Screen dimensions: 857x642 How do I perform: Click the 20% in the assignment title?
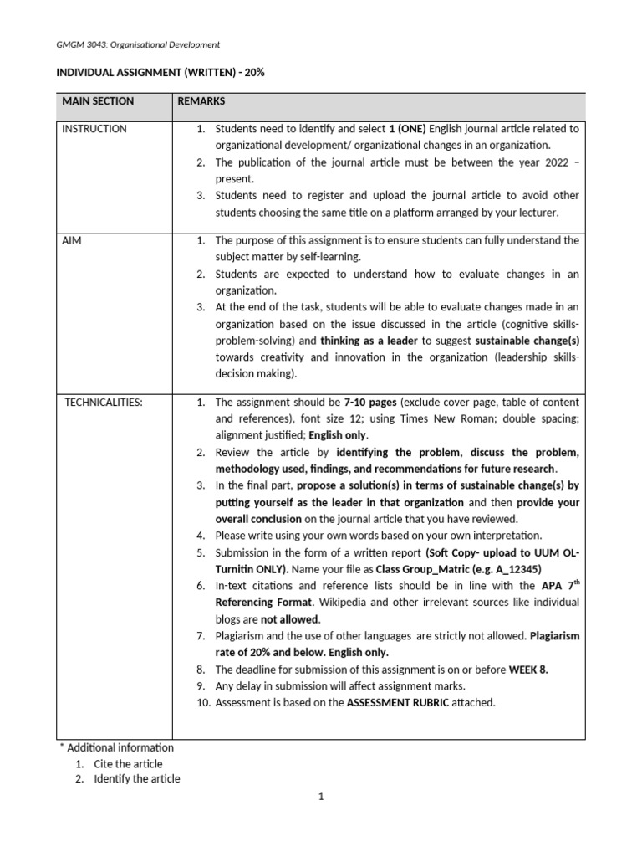(x=255, y=73)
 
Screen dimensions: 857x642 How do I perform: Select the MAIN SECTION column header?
(x=98, y=101)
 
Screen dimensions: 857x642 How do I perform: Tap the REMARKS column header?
(x=201, y=101)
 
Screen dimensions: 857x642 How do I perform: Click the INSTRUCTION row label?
(x=95, y=129)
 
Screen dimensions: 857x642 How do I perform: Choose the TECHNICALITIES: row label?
(x=104, y=402)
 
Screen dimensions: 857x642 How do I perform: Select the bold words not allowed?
(x=289, y=619)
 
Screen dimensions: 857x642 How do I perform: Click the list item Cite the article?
(x=128, y=763)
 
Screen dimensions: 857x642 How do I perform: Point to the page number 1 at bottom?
(x=320, y=797)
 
